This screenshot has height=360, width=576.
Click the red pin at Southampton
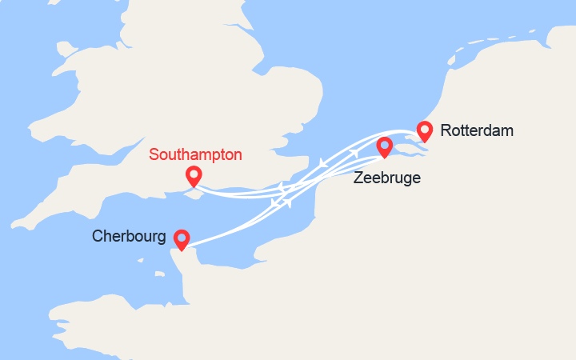(193, 175)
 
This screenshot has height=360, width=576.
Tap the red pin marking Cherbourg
(182, 238)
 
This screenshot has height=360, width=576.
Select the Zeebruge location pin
(385, 146)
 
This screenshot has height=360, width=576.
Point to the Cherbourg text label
(129, 237)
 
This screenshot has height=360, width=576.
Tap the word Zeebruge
(386, 178)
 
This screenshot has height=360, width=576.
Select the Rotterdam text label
(476, 130)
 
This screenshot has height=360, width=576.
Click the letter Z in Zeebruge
(358, 178)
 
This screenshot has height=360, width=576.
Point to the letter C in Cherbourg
(98, 237)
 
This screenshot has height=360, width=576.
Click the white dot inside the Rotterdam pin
(425, 128)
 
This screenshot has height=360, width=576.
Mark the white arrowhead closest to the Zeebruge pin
(354, 153)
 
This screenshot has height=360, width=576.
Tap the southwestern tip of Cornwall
(16, 227)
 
